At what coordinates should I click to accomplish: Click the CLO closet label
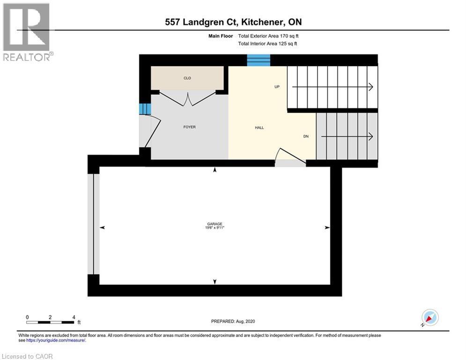tap(187, 78)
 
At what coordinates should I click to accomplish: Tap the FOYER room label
tap(190, 127)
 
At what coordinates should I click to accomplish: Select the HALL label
tap(259, 127)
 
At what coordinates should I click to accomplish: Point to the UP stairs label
tap(277, 87)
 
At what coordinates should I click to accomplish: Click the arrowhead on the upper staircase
tap(370, 87)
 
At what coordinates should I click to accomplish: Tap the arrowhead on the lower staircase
tap(370, 136)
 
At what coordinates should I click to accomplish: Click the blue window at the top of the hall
tap(259, 60)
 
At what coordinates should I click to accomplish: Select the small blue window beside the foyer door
tap(144, 109)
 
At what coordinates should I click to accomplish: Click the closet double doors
tap(188, 99)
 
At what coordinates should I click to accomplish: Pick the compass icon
tap(429, 317)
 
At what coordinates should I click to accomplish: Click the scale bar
tap(51, 322)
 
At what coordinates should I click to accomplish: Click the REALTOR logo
tap(27, 32)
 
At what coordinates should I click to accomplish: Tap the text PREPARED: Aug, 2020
tap(233, 321)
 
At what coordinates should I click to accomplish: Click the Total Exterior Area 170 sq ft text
tap(268, 36)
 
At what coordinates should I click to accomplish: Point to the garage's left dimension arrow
tap(103, 227)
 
